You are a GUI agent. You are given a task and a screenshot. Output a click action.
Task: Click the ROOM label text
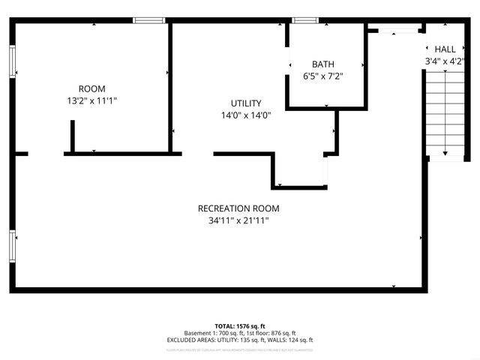pyautogui.click(x=91, y=88)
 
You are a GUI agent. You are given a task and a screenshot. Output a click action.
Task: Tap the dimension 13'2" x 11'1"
pyautogui.click(x=91, y=100)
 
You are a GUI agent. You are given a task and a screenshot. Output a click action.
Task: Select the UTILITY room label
pyautogui.click(x=245, y=103)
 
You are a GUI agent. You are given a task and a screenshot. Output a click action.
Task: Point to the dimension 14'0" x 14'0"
pyautogui.click(x=245, y=115)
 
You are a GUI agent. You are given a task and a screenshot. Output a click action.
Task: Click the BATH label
pyautogui.click(x=323, y=64)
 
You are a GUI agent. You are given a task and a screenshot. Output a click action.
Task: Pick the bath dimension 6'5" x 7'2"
pyautogui.click(x=323, y=76)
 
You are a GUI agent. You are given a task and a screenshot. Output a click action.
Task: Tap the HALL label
pyautogui.click(x=445, y=49)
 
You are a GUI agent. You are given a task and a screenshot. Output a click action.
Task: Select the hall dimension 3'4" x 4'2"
pyautogui.click(x=445, y=61)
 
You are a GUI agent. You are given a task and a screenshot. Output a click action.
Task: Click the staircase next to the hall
pyautogui.click(x=445, y=112)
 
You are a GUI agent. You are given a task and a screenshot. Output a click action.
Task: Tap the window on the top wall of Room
pyautogui.click(x=149, y=20)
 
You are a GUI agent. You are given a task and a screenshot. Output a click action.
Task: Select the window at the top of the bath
pyautogui.click(x=304, y=20)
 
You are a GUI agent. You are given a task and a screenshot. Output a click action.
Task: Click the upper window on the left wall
pyautogui.click(x=13, y=61)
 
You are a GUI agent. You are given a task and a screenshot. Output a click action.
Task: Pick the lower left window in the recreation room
pyautogui.click(x=13, y=244)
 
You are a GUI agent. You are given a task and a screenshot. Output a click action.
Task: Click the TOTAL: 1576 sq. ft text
pyautogui.click(x=239, y=326)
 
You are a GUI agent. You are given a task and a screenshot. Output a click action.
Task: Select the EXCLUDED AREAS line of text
pyautogui.click(x=239, y=340)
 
